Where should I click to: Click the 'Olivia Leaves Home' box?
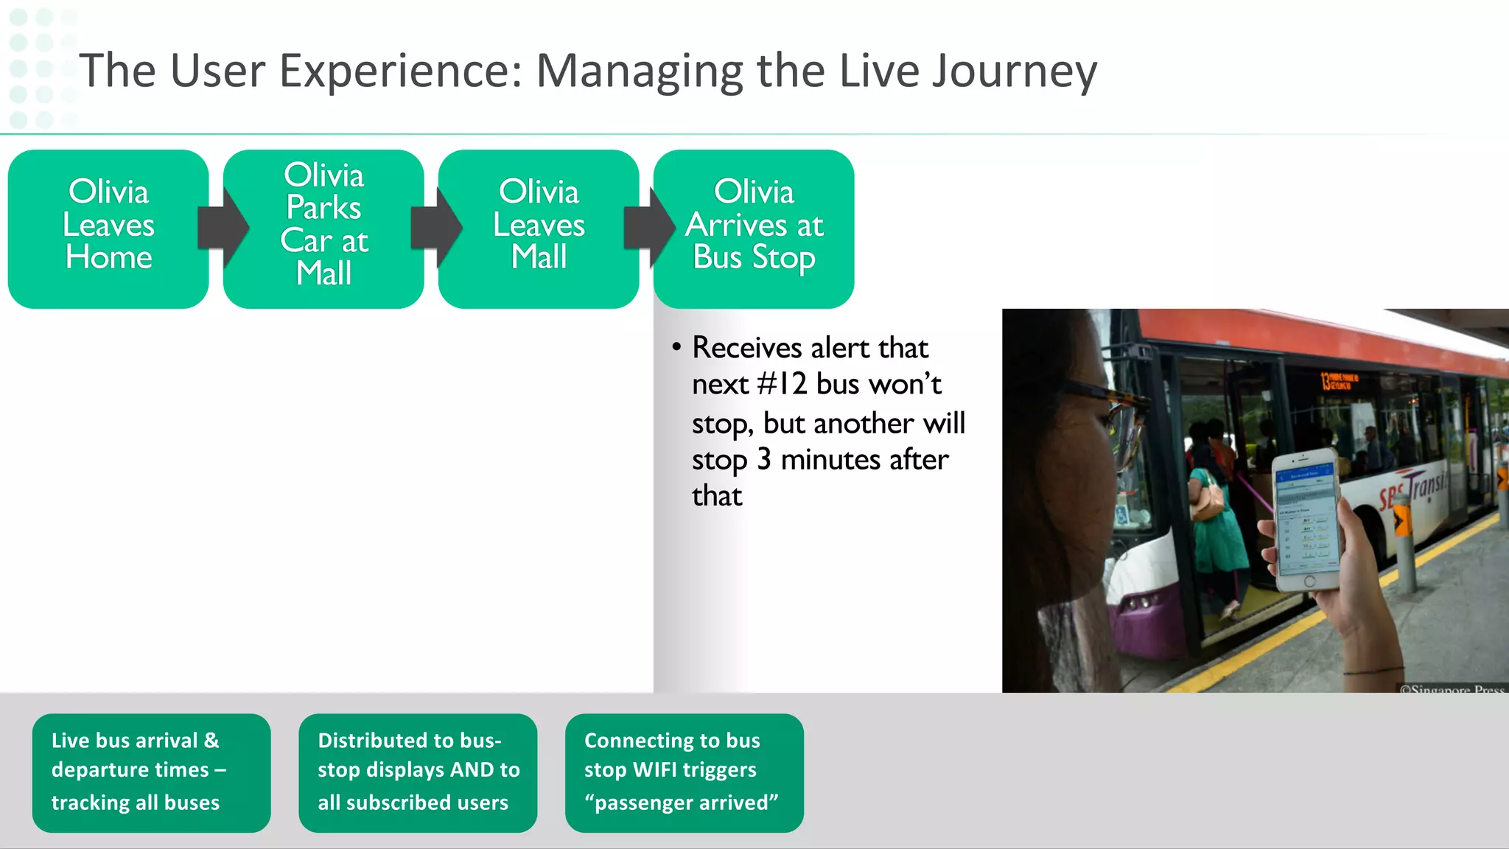[108, 228]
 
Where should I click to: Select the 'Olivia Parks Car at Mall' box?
[323, 228]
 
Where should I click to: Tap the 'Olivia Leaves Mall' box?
[539, 228]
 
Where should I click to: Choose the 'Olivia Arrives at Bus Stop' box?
[754, 228]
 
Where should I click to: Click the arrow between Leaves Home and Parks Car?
[222, 228]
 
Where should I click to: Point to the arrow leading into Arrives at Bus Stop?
[649, 228]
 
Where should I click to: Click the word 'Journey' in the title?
[1005, 72]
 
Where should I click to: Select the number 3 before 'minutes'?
[764, 460]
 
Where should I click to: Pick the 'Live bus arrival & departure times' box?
[151, 772]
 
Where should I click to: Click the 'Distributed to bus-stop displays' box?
[418, 772]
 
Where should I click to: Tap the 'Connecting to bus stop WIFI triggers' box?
[684, 772]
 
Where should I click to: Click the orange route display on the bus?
[1340, 381]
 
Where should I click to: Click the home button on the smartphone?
[1309, 581]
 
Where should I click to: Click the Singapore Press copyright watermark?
[1452, 689]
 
